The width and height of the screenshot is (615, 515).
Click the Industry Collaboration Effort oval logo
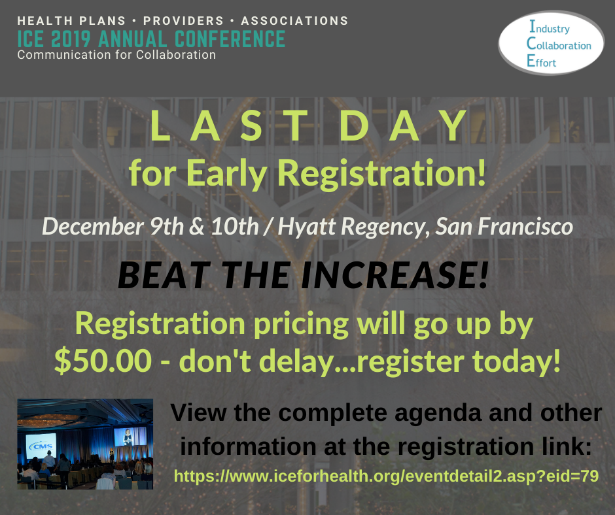[x=551, y=42]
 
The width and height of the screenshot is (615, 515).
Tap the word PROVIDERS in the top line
[x=183, y=21]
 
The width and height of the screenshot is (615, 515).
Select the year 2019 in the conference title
[x=71, y=39]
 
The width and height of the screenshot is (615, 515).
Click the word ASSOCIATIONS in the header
[x=294, y=21]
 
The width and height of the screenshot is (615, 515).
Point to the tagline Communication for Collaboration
[x=116, y=55]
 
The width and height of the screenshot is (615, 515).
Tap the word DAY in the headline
[x=403, y=125]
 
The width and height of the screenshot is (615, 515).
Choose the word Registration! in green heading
[x=381, y=174]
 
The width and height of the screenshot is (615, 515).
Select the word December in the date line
[x=92, y=227]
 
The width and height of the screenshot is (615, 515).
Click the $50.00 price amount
[x=103, y=361]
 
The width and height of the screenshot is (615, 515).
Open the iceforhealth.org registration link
[x=386, y=476]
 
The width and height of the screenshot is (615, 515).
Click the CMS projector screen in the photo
[x=41, y=446]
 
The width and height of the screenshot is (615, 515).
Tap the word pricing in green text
[x=301, y=325]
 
